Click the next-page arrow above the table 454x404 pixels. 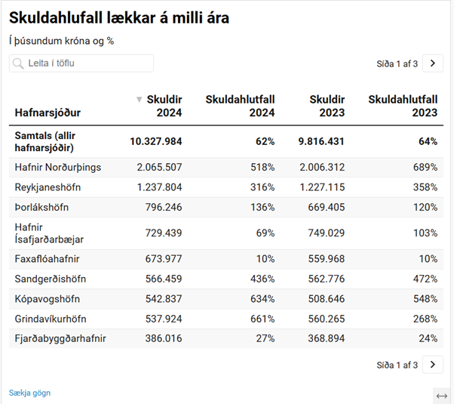tap(432, 63)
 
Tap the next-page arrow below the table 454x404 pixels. tap(432, 365)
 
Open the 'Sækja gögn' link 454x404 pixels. tap(29, 393)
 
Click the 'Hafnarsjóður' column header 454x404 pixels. tap(48, 113)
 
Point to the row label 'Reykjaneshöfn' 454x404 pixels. tap(48, 187)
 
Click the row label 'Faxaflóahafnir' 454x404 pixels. tap(47, 259)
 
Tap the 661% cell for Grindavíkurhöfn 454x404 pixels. tap(262, 318)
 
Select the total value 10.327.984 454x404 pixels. tap(156, 141)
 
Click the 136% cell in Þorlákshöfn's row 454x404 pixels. tap(262, 207)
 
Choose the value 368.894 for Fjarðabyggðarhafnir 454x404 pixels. tap(322, 338)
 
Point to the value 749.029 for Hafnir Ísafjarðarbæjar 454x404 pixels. tap(322, 233)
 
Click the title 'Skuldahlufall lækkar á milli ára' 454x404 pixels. tap(119, 17)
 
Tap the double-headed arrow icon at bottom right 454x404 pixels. tap(442, 395)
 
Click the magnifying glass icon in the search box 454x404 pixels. tap(19, 63)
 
